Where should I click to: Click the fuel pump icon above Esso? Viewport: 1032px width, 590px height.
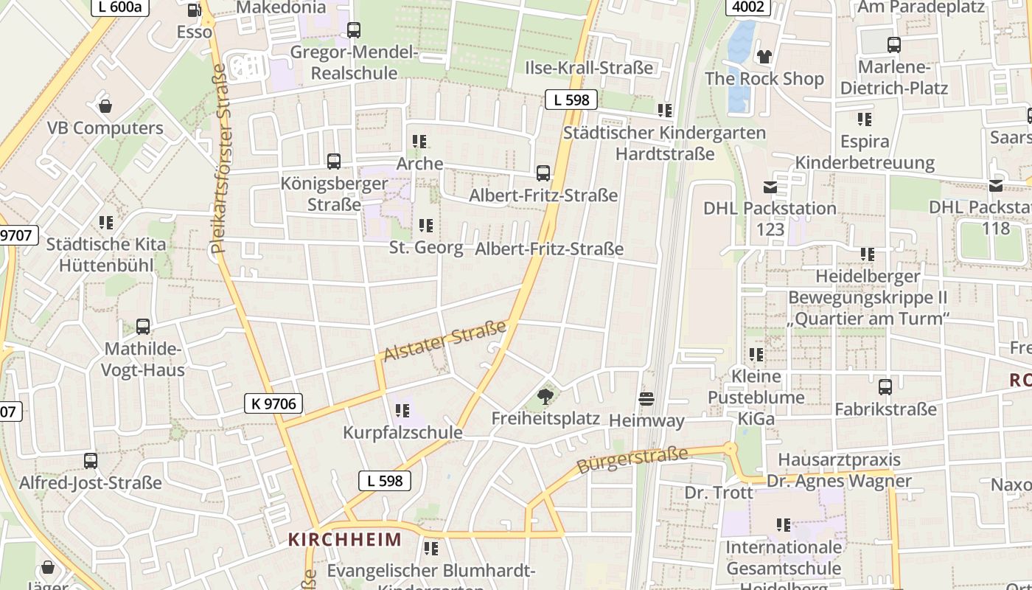(194, 10)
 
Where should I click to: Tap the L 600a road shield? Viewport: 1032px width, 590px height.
(121, 7)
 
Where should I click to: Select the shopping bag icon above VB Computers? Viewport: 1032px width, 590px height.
(105, 107)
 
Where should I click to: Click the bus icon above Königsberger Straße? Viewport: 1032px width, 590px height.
(334, 162)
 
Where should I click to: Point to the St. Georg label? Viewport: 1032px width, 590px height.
(426, 248)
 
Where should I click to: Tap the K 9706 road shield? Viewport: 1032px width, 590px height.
(273, 403)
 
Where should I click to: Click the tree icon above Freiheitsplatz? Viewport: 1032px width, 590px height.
(545, 398)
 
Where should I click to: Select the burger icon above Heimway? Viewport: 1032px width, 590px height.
(647, 400)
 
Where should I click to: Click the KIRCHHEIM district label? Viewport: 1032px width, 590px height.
(345, 539)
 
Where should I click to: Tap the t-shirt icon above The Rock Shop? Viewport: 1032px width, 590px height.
(764, 57)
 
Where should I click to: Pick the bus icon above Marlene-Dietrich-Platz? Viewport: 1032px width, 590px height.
(894, 45)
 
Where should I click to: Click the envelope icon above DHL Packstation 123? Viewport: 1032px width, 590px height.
(770, 187)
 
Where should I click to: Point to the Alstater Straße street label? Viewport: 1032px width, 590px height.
(445, 341)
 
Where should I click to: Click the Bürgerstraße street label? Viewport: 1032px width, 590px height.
(632, 460)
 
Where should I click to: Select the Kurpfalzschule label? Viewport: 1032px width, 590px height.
(402, 432)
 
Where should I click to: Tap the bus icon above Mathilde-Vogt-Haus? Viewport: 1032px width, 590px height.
(143, 327)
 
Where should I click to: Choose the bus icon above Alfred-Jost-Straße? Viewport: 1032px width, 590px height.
(90, 461)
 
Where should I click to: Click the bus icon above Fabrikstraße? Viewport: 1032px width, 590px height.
(885, 387)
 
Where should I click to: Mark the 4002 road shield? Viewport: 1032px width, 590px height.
(748, 7)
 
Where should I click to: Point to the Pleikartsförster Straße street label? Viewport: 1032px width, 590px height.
(219, 159)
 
